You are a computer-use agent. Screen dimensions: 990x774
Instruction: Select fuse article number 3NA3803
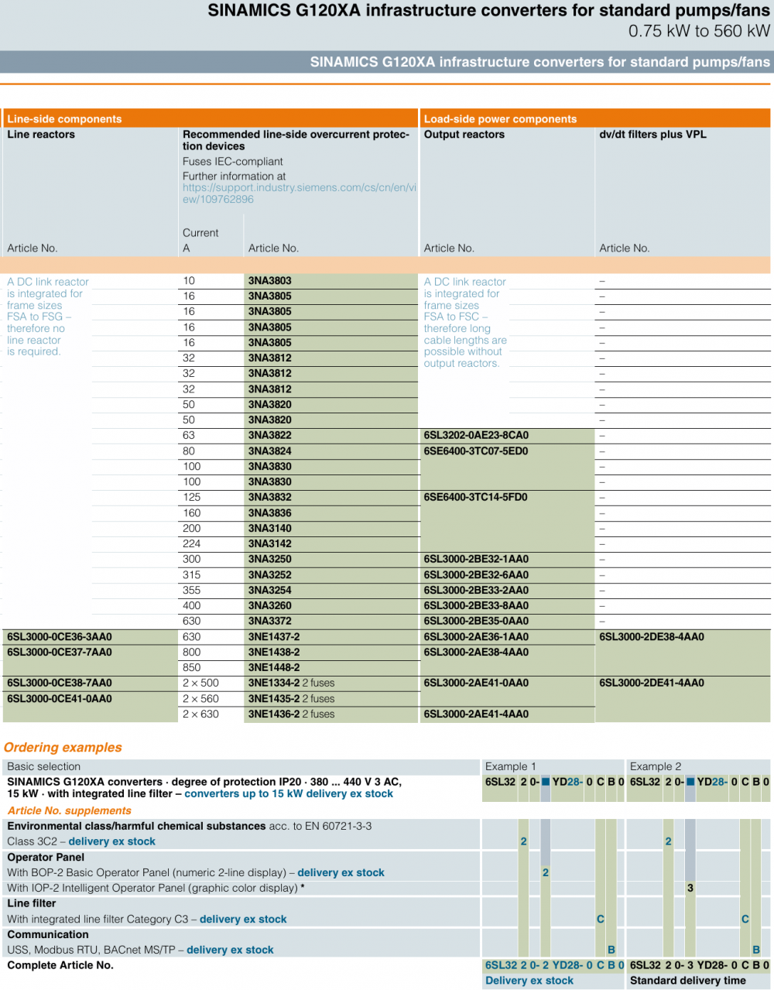tap(270, 281)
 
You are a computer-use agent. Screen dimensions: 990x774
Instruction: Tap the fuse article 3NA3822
tap(270, 436)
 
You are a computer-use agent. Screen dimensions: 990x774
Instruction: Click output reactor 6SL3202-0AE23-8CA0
tap(476, 436)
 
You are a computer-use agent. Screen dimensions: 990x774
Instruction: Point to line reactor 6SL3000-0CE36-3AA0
tap(60, 637)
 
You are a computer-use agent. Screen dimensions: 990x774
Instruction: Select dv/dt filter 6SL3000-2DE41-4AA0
tap(652, 683)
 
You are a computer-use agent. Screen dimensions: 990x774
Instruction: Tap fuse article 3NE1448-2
tap(274, 668)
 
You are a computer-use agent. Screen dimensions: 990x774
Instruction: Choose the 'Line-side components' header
tap(64, 119)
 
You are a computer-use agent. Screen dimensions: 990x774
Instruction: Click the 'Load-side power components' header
tap(500, 119)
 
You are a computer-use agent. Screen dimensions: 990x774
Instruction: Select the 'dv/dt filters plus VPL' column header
tap(652, 135)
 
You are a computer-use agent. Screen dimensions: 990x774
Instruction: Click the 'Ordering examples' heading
tap(63, 748)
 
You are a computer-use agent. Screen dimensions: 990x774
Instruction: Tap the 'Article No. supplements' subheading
tap(70, 811)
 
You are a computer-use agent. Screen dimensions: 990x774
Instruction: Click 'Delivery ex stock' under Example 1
tap(529, 981)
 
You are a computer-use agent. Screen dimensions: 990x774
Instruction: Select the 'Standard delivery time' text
tap(688, 981)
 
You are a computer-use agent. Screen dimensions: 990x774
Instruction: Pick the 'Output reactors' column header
tap(464, 135)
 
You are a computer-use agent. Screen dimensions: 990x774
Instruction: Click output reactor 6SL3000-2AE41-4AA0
tap(476, 714)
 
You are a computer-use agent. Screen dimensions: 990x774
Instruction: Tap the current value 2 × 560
tap(200, 699)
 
